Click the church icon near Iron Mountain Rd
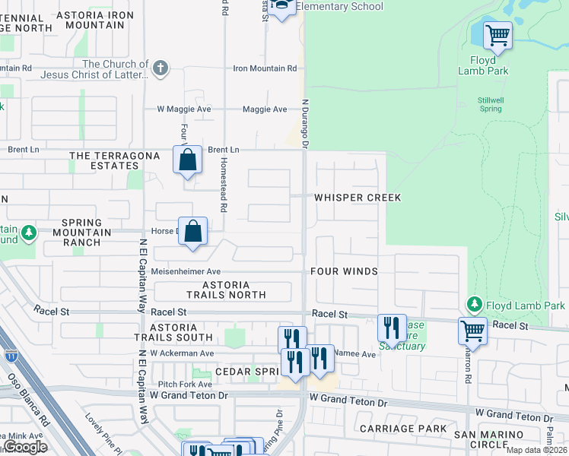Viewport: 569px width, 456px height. coord(160,69)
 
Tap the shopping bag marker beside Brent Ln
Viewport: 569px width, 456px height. coord(187,160)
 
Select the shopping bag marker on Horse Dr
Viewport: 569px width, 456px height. coord(193,231)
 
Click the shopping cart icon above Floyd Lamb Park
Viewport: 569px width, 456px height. coord(497,34)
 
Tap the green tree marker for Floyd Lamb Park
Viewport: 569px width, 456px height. coord(475,306)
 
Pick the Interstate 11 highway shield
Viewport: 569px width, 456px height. coord(11,354)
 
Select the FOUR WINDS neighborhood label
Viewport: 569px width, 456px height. coord(344,271)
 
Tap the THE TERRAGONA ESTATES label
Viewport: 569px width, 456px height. coord(115,161)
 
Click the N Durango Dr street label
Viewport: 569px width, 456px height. coord(306,122)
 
